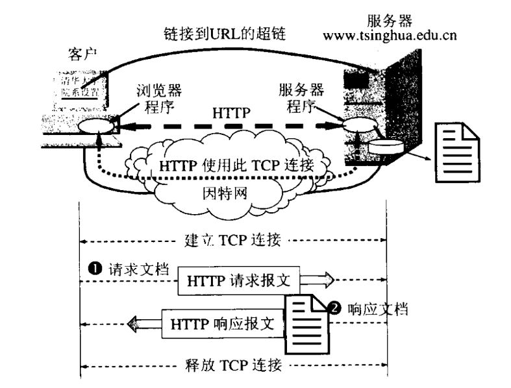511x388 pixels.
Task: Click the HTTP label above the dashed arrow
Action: tap(231, 113)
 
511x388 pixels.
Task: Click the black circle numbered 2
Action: tap(336, 309)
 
